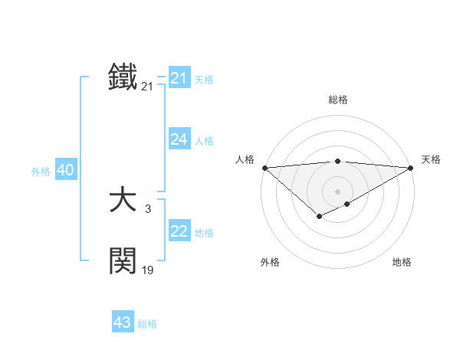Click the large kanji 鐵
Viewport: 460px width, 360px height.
tap(123, 77)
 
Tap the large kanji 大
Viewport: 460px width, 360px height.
tap(123, 201)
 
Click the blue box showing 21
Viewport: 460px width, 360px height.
tap(179, 78)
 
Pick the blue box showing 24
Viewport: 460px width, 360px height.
tap(179, 139)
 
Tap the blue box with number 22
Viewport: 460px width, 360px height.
tap(179, 231)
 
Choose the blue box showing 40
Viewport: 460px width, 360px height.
tap(65, 170)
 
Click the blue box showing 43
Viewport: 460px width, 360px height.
tap(123, 322)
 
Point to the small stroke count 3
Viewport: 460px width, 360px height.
tap(147, 208)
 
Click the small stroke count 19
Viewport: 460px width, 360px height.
tap(147, 270)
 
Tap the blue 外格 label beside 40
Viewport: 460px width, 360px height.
tap(41, 172)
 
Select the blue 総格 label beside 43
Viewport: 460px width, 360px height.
tap(147, 324)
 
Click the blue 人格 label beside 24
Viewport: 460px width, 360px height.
tap(204, 141)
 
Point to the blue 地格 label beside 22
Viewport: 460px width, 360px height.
tap(204, 233)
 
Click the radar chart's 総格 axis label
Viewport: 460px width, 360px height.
tap(337, 100)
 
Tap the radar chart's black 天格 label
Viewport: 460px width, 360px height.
tap(431, 159)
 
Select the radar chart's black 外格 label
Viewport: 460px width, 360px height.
tap(270, 262)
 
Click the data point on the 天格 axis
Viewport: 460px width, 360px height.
tap(411, 168)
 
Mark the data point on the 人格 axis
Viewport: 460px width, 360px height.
tap(264, 168)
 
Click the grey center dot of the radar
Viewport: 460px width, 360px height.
tap(337, 191)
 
